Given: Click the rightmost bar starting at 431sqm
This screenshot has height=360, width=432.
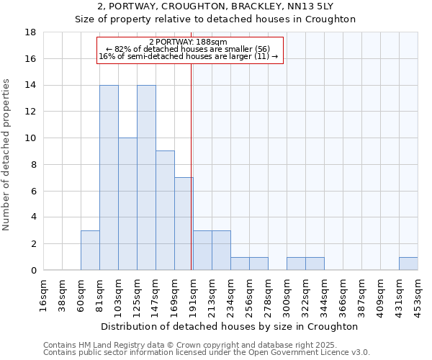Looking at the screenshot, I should coord(408,264).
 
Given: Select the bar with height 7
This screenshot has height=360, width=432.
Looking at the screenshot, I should coord(184,224).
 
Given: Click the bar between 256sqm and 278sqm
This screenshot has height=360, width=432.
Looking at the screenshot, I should coord(258,264).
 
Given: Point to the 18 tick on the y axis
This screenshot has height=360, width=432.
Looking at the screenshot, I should coord(31,32).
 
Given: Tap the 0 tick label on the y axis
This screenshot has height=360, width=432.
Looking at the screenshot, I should coord(34,270).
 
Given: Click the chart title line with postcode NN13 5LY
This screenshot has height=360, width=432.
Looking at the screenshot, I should coord(216,6).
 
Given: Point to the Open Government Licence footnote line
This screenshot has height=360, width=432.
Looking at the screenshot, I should coord(207,353).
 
